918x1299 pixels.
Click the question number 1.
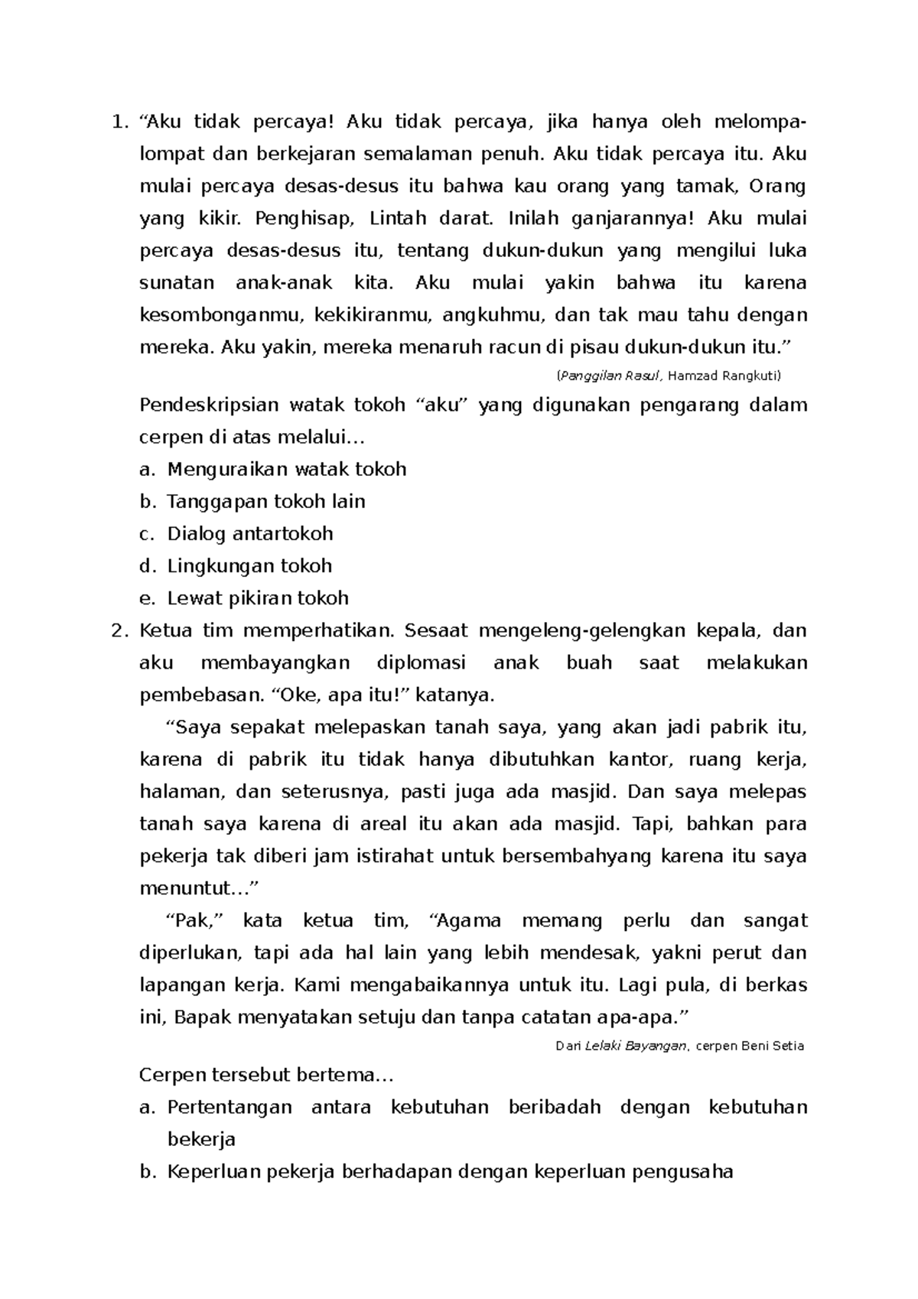coord(116,122)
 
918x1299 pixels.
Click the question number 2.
coord(116,631)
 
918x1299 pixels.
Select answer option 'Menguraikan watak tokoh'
coord(286,469)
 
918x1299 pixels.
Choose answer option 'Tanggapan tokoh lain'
coord(265,501)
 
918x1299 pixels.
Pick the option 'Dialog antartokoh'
coord(249,533)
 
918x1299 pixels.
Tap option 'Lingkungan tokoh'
coord(249,566)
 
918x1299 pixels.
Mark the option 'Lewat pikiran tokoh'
coord(258,598)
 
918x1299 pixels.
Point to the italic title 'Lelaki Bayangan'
coord(635,1046)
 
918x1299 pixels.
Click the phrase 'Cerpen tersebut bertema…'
coord(265,1076)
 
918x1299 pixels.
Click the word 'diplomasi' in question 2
coord(421,663)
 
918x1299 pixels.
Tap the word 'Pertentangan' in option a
coord(229,1107)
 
